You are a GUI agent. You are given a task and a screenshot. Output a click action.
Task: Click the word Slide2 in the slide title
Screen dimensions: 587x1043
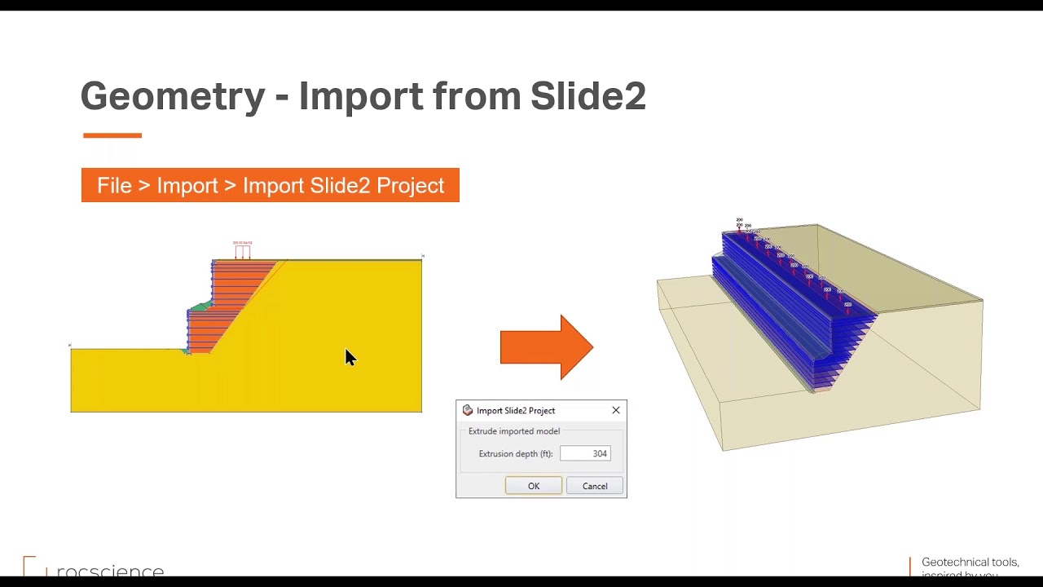click(588, 96)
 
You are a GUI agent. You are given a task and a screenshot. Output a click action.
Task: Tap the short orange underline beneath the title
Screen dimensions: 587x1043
click(112, 135)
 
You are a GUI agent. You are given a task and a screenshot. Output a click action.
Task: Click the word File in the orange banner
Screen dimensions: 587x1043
click(114, 185)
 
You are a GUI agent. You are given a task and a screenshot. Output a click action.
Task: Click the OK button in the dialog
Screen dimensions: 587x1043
click(533, 486)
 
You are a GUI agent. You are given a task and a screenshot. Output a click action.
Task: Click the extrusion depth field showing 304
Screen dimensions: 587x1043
click(585, 453)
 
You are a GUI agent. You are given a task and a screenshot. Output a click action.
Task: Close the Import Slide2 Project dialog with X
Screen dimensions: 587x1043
click(616, 410)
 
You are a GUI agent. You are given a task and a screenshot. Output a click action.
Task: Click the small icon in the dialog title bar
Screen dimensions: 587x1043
click(467, 410)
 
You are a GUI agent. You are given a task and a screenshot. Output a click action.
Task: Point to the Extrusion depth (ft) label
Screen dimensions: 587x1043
click(515, 453)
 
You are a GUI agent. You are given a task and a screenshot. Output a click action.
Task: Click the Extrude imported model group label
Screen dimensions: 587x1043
click(513, 431)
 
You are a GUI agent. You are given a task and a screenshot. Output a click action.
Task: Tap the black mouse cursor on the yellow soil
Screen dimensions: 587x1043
click(350, 357)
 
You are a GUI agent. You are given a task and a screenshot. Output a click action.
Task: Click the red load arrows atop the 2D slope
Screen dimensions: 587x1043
click(242, 251)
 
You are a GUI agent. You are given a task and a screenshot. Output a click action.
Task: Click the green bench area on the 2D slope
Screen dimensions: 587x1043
click(198, 307)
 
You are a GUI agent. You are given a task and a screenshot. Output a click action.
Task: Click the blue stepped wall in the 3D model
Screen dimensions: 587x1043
click(782, 310)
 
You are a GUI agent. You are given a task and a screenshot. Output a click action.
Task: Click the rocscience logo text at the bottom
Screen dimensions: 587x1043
click(110, 571)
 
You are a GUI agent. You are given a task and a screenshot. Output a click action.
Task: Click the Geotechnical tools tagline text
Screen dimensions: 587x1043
click(970, 563)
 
